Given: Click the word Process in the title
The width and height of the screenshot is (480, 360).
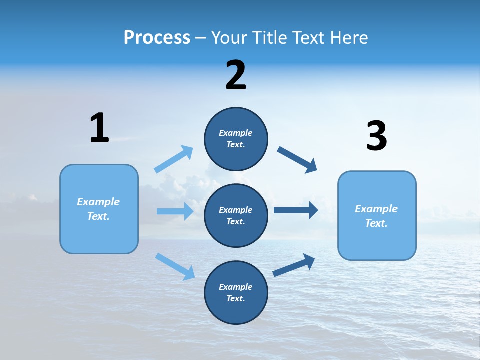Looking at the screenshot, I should [x=157, y=38].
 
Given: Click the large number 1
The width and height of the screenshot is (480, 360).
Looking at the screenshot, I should [x=99, y=128].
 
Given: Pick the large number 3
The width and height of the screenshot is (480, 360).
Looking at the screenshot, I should [x=376, y=136].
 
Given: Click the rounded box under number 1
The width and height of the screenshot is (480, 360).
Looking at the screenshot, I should [x=99, y=209].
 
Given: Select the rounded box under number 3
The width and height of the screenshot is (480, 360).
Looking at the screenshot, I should [x=377, y=216].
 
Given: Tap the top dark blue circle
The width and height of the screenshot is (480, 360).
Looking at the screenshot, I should [x=236, y=139].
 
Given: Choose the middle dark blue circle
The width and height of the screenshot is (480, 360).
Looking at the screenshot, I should [x=236, y=216].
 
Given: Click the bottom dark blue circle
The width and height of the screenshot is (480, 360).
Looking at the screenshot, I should [x=236, y=292].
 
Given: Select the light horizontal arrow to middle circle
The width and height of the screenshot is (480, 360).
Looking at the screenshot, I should [x=175, y=211].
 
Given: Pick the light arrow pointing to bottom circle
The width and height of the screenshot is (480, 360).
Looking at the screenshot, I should [x=175, y=266].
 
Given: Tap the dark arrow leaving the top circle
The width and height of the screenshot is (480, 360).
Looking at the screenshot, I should [x=297, y=160].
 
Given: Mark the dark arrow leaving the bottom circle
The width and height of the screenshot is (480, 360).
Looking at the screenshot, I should [x=294, y=265].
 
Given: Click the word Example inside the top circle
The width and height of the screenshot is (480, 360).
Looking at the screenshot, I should [x=236, y=133].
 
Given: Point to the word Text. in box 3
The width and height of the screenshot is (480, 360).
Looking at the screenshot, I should [x=376, y=223].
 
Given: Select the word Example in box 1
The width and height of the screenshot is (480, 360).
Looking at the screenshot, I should [x=98, y=202].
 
